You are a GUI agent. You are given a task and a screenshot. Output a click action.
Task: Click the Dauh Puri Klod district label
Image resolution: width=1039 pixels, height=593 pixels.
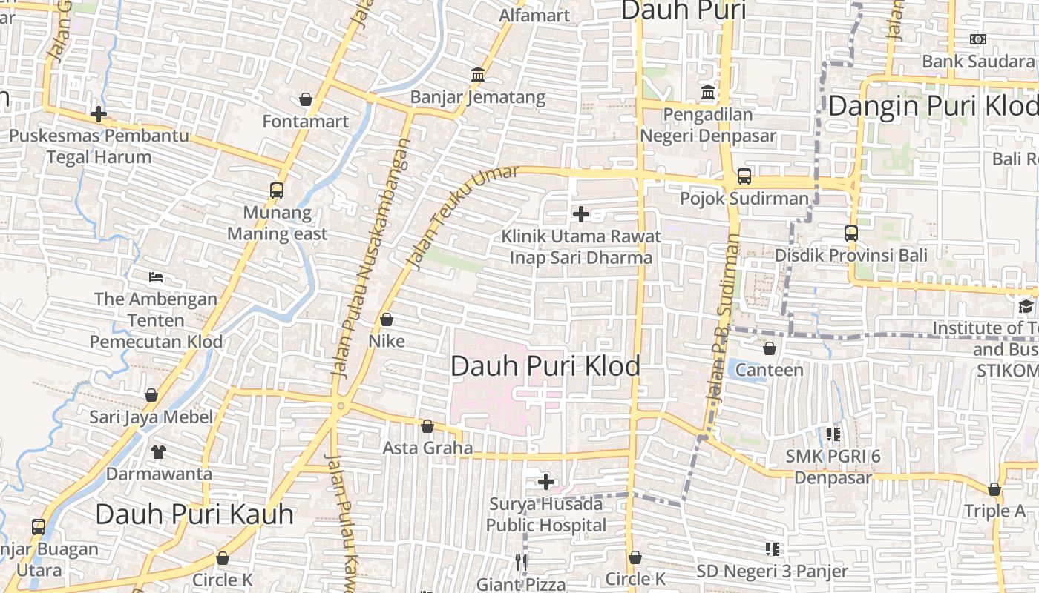click(x=545, y=366)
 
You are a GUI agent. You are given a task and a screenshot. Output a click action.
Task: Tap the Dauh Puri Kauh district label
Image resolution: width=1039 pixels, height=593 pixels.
click(x=194, y=514)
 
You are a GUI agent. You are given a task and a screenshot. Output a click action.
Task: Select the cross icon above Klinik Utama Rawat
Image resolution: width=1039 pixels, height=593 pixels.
click(x=581, y=214)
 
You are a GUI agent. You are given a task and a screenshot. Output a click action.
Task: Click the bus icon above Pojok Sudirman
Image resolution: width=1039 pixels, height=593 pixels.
click(x=744, y=176)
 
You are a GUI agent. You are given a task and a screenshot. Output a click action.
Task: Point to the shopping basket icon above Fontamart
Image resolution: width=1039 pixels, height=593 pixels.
click(x=306, y=99)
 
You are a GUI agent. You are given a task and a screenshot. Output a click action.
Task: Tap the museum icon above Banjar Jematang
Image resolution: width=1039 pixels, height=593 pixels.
click(x=478, y=75)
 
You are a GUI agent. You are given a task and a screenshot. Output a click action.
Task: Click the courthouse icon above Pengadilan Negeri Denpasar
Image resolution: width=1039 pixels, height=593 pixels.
click(x=708, y=93)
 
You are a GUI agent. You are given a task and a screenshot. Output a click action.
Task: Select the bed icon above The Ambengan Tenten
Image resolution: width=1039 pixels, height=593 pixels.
click(x=156, y=278)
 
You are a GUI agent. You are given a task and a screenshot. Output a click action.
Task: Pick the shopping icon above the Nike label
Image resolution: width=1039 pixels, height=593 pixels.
click(x=387, y=319)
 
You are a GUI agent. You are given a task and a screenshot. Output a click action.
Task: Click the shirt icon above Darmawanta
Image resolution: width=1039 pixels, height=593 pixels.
click(x=159, y=451)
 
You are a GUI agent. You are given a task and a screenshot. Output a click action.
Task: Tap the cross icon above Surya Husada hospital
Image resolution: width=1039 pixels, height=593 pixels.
click(x=546, y=483)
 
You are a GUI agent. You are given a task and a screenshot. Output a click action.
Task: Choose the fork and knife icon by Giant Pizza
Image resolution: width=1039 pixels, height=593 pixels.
click(x=521, y=563)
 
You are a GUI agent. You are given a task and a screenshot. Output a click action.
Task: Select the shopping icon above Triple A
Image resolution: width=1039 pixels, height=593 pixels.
click(x=994, y=489)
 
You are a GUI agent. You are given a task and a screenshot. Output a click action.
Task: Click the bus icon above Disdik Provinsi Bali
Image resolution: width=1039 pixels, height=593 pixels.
click(x=851, y=233)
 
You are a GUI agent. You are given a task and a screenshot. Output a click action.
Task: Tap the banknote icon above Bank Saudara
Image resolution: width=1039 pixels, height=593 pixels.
click(x=978, y=39)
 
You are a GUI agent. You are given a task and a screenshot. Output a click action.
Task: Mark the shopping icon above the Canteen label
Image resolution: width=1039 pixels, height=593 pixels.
click(x=770, y=348)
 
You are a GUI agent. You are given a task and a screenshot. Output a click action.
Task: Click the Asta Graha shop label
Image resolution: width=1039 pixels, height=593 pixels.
click(x=427, y=448)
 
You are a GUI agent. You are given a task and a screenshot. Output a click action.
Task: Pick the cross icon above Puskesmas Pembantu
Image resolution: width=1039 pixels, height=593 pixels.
click(x=99, y=114)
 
